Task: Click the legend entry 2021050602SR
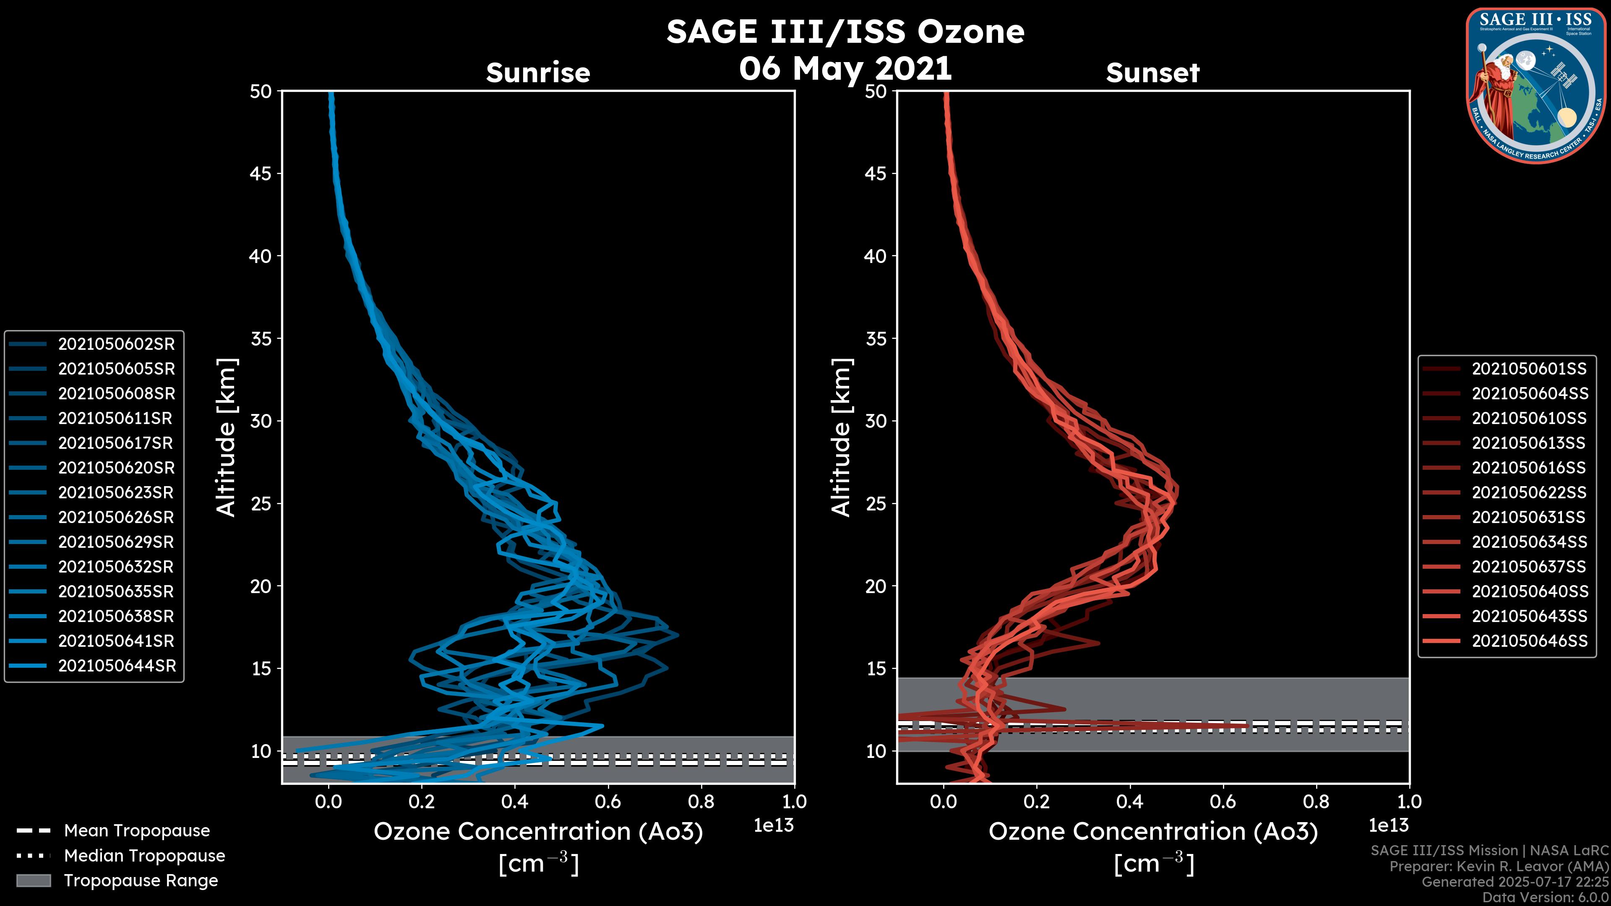116,344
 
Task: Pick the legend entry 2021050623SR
116,493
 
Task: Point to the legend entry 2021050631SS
1528,518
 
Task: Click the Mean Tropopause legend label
137,831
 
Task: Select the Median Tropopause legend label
144,856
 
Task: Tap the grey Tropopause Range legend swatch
33,880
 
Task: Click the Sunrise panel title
538,73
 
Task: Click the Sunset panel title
1152,73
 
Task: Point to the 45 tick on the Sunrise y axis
261,173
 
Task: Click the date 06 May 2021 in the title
845,68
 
